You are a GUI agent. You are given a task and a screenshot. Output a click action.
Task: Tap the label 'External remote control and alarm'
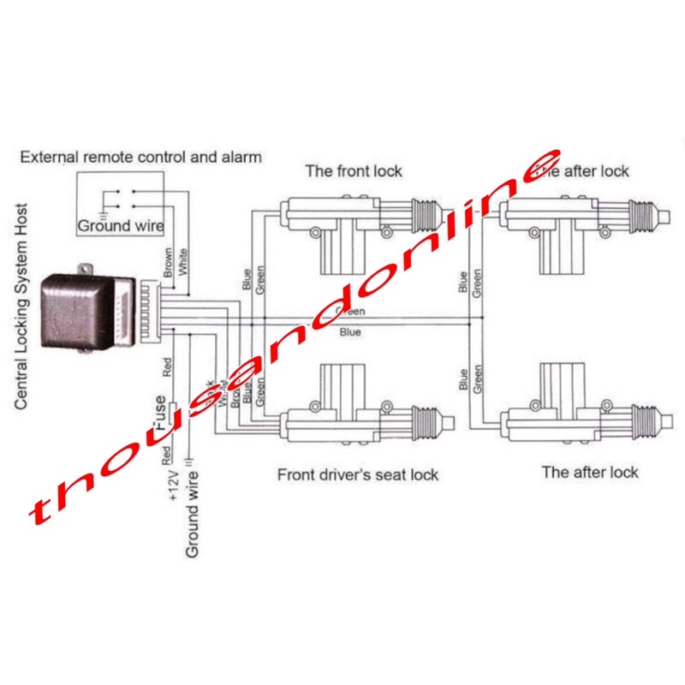140,158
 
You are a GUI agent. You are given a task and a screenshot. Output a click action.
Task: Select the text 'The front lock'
354,170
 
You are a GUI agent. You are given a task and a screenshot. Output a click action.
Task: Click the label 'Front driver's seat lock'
358,474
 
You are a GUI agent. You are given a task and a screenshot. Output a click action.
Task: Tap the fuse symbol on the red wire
172,416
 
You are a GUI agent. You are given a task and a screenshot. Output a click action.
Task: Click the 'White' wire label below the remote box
183,260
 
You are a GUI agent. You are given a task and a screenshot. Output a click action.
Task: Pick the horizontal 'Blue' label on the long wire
350,331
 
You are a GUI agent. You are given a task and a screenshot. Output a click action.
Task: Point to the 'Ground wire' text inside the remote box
121,227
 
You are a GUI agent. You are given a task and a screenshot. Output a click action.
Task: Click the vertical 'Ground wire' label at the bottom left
192,514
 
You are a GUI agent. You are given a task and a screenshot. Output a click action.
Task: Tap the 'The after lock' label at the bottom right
590,472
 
